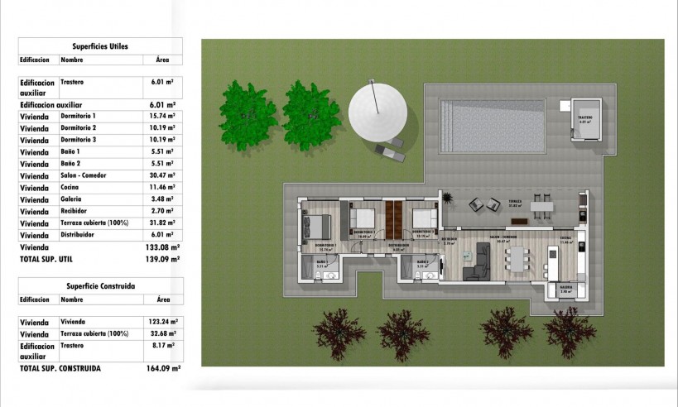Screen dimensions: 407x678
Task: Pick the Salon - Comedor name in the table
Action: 87,176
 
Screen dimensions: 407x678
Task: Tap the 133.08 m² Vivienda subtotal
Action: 167,247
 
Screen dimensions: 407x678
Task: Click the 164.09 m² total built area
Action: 167,369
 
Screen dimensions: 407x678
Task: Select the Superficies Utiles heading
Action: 100,46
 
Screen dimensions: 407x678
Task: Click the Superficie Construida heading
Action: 100,286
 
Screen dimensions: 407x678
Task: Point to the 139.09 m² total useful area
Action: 167,260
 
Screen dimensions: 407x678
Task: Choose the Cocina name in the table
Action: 71,188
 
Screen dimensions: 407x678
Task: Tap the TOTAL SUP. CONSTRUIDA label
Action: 60,369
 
